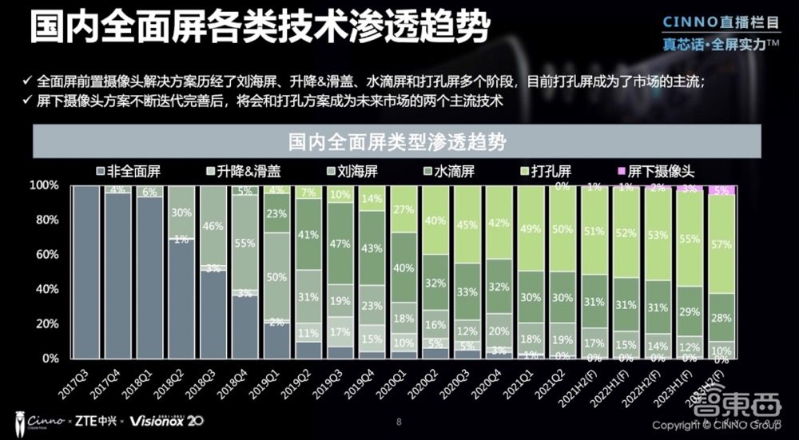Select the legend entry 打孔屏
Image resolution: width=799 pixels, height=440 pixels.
[555, 171]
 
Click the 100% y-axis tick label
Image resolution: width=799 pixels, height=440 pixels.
[43, 185]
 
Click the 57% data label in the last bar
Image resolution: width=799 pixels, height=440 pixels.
[721, 244]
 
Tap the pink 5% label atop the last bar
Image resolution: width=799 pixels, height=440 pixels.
[721, 191]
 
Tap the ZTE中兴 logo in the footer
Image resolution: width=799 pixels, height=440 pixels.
[96, 420]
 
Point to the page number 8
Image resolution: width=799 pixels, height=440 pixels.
[399, 420]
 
